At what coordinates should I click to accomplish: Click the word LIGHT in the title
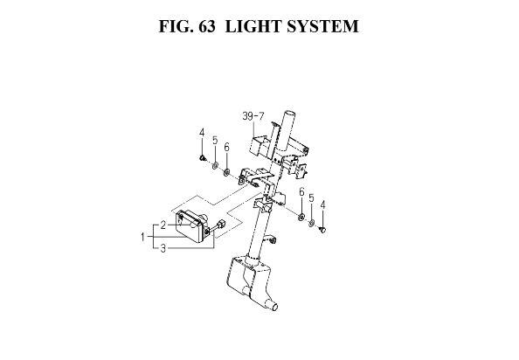click(253, 26)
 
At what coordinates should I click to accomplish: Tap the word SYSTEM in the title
click(322, 26)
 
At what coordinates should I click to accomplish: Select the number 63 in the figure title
click(207, 26)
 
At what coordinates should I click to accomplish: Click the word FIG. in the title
click(176, 26)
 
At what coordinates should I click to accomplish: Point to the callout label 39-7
click(253, 116)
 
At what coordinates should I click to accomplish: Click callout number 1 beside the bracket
click(142, 237)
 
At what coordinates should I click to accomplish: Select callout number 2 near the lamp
click(163, 225)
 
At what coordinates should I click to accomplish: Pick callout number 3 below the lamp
click(163, 248)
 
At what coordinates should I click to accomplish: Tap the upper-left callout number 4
click(202, 133)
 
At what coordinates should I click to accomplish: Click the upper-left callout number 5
click(215, 141)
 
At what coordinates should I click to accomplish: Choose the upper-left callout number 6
click(226, 148)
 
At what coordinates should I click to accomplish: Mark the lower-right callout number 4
click(322, 204)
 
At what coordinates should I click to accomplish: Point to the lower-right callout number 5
click(311, 197)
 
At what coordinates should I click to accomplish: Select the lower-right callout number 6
click(301, 191)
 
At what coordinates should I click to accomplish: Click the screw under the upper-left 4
click(202, 158)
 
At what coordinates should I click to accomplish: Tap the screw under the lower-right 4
click(322, 230)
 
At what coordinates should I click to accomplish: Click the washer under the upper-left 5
click(215, 165)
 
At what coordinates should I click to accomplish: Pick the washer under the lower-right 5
click(311, 223)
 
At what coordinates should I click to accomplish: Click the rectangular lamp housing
click(190, 227)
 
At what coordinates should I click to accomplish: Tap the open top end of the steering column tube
click(289, 114)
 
